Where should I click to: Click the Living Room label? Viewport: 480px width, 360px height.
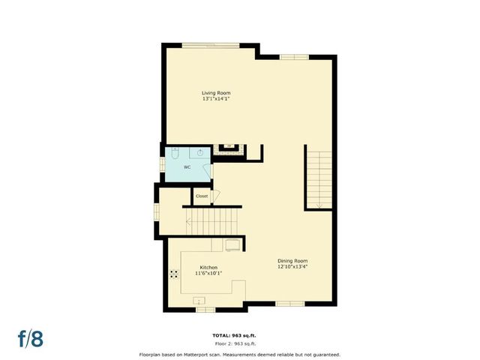tap(215, 93)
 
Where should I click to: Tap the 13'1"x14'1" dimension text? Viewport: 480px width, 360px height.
tap(215, 99)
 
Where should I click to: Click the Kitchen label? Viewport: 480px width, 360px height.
tap(208, 267)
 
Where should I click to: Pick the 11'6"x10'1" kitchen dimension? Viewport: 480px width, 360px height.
tap(208, 273)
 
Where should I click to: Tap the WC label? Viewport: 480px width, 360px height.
tap(187, 167)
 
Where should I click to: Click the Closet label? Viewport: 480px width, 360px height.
tap(202, 196)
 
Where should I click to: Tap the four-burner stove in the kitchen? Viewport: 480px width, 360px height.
tap(174, 273)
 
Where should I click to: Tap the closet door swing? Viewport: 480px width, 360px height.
tap(215, 196)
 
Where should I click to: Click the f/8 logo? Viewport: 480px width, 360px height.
tap(31, 338)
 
